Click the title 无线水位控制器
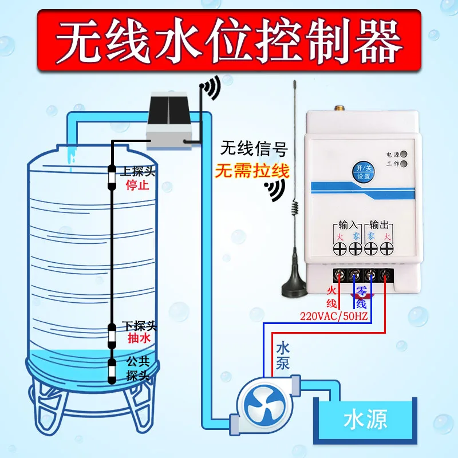coord(229,38)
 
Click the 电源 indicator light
coord(404,155)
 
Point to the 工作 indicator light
coord(404,164)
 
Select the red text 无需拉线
coord(252,171)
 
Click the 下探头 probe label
coord(139,326)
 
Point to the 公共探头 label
coord(138,369)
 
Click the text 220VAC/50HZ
coord(334,315)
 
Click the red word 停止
coord(136,185)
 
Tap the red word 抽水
coord(139,339)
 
